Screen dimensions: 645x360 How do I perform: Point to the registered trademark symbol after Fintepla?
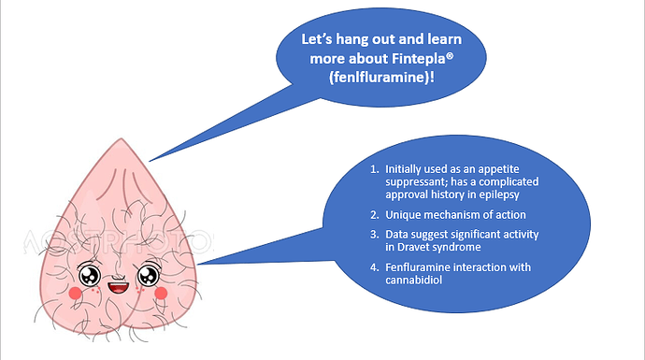(450, 55)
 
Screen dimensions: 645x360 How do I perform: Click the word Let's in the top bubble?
(317, 39)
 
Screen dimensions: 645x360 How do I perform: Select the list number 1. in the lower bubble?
(374, 169)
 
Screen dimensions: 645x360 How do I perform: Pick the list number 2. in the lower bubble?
(374, 215)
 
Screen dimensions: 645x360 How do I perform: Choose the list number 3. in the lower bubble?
(374, 235)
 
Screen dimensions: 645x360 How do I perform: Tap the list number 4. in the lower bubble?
(374, 267)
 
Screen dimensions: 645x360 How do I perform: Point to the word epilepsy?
(498, 195)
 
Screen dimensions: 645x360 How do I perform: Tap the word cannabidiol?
(413, 281)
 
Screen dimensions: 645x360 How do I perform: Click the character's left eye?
(89, 275)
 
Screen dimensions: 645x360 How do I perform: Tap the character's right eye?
(148, 275)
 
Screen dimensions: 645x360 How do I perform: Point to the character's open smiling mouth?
(119, 288)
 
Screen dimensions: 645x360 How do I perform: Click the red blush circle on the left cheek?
(76, 293)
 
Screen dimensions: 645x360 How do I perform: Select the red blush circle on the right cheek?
(161, 293)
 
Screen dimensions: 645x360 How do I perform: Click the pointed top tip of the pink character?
(122, 138)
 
